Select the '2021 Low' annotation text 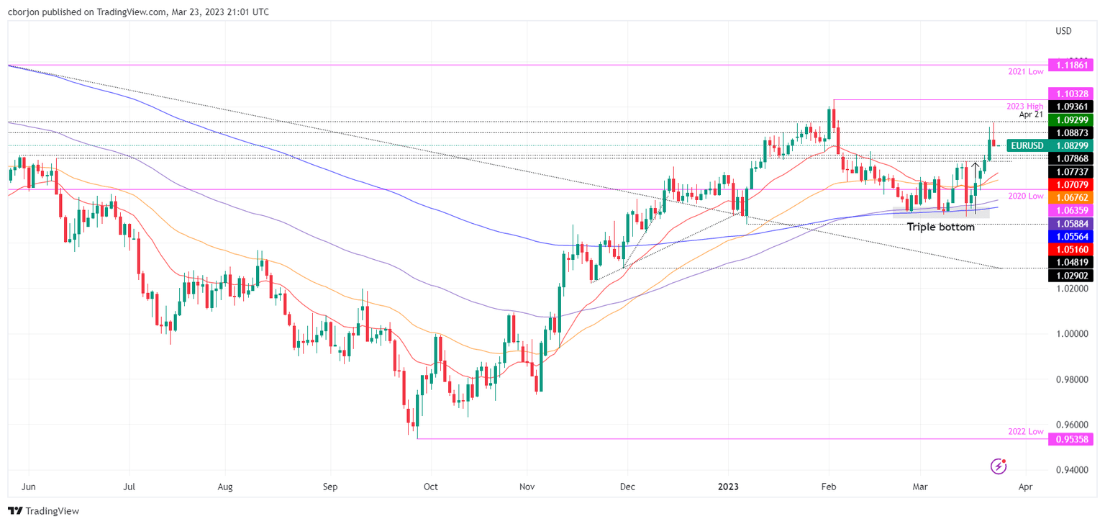(1025, 73)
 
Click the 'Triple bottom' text (940, 227)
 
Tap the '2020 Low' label (1025, 196)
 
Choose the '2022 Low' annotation (1025, 430)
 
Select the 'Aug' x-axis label (225, 487)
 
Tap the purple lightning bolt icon (998, 466)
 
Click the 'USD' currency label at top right (1063, 31)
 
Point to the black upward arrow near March (976, 169)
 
